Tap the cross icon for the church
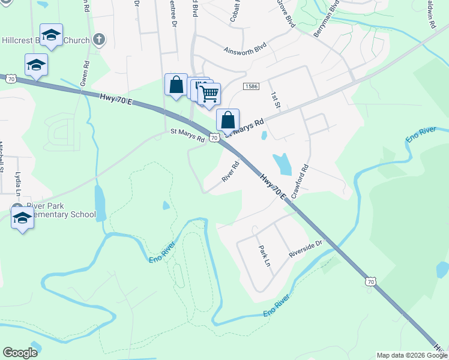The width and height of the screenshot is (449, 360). [x=100, y=40]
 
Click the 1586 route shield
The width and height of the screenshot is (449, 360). [x=251, y=87]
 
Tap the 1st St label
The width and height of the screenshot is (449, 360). [x=276, y=100]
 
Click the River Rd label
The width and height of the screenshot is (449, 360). [x=231, y=170]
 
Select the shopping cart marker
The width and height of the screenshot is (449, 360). [x=209, y=94]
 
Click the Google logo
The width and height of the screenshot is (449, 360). [x=20, y=353]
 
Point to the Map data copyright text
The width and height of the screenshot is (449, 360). [x=412, y=355]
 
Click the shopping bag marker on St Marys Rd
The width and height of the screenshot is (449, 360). [x=228, y=120]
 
